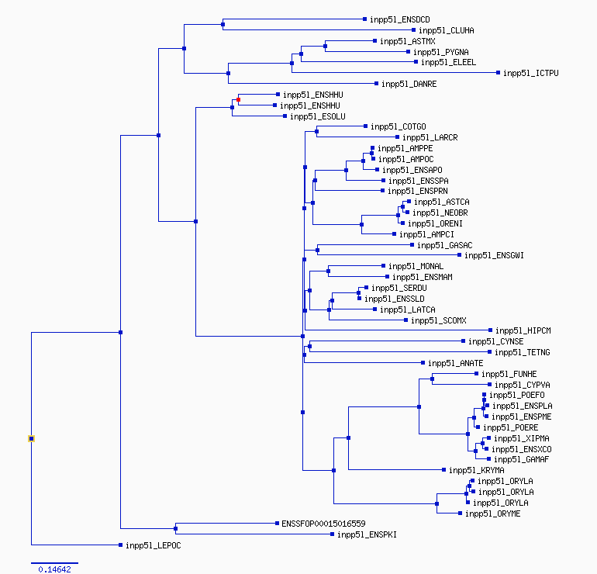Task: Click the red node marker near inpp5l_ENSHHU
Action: click(238, 100)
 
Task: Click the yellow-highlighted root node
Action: click(31, 439)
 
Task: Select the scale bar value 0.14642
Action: click(54, 569)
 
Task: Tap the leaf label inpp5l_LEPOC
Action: click(154, 545)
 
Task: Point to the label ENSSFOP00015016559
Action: click(323, 524)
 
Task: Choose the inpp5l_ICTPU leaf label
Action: click(531, 73)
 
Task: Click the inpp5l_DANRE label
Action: click(409, 84)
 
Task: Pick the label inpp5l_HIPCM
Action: click(523, 330)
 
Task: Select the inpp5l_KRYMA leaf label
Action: click(476, 470)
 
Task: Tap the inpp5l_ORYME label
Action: click(492, 513)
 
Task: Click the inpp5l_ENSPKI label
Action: click(367, 534)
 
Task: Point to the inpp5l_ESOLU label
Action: click(318, 116)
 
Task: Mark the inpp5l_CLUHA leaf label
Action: click(447, 30)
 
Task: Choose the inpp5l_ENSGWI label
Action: click(494, 255)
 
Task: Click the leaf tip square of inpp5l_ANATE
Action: click(423, 363)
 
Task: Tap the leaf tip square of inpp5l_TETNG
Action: click(490, 352)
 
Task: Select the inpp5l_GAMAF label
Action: click(521, 459)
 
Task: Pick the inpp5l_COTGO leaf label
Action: click(399, 126)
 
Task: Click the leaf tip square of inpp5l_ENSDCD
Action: click(364, 19)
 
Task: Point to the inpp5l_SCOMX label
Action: click(439, 320)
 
